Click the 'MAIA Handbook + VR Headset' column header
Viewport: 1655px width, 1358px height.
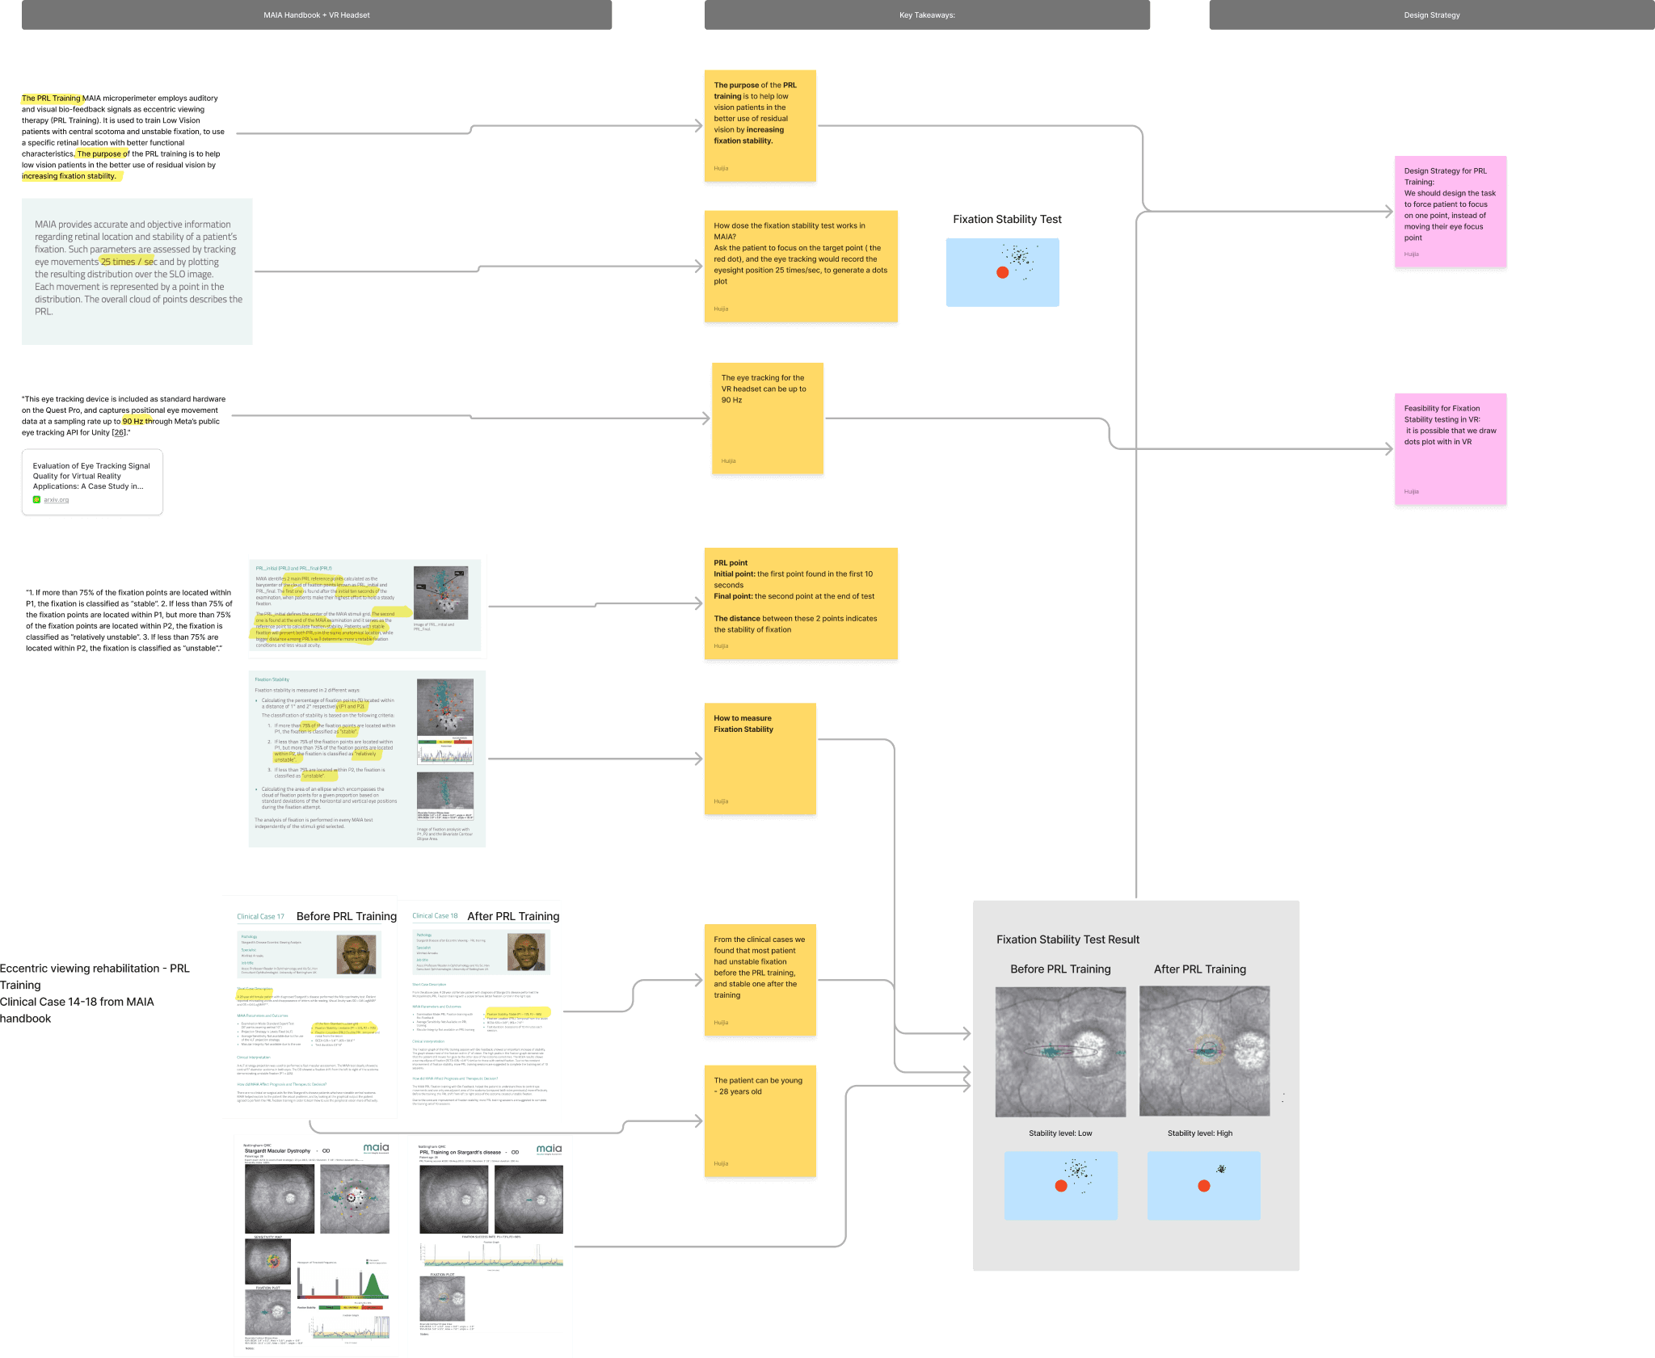point(317,15)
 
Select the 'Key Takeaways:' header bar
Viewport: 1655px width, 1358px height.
point(927,15)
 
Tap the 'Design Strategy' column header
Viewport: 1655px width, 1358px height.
point(1431,15)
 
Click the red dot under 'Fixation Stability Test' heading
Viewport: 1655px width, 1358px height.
point(1002,272)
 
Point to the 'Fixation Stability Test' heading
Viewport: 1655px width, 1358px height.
point(1007,220)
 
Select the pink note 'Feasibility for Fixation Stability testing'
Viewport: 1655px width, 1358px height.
point(1450,449)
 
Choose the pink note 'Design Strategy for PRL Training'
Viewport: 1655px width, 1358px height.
point(1450,212)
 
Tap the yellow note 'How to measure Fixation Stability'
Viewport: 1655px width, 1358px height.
point(760,759)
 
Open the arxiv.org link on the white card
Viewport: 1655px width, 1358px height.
point(56,500)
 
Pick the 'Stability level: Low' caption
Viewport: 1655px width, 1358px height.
point(1060,1133)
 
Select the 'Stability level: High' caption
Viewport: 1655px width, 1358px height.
point(1199,1133)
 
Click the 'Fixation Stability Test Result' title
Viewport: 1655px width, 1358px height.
point(1068,940)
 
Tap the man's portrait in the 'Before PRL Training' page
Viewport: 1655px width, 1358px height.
point(356,954)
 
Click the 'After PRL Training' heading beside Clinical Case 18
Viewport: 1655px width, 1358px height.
point(513,916)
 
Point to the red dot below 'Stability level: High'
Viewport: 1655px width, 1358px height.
point(1203,1186)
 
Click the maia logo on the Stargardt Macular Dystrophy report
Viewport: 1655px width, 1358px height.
point(376,1148)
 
